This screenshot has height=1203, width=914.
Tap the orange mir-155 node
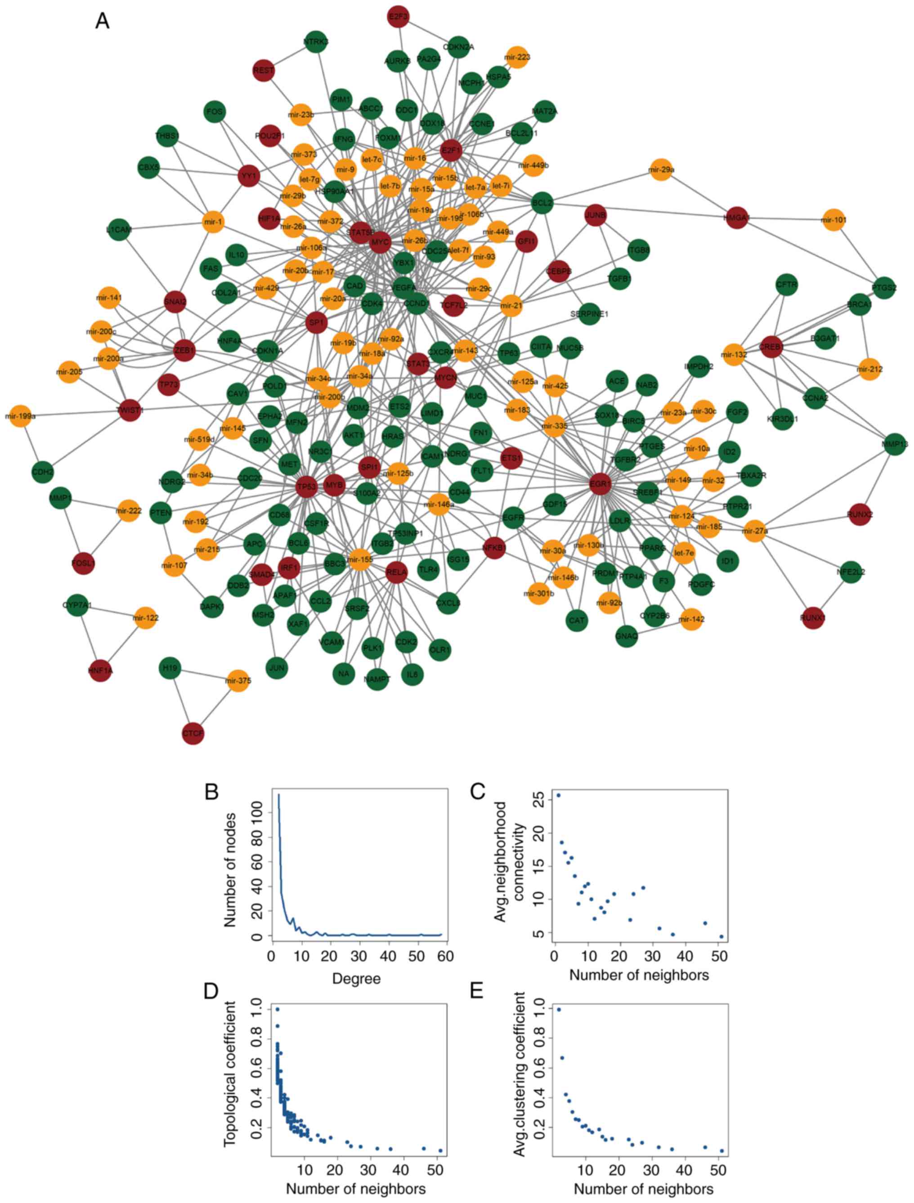click(359, 559)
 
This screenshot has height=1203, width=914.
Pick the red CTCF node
click(193, 733)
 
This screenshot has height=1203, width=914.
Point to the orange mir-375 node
click(238, 681)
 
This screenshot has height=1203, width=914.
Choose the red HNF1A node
click(101, 671)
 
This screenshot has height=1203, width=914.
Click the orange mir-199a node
click(20, 416)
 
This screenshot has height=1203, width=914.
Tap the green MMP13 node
click(895, 444)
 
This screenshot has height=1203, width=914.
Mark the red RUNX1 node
click(813, 618)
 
